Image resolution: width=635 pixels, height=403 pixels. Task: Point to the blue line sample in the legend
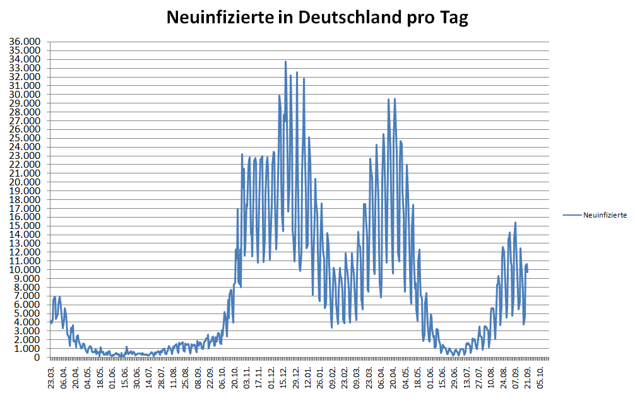572,215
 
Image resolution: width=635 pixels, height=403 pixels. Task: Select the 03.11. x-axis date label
247,377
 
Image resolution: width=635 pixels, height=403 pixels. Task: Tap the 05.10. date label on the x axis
540,377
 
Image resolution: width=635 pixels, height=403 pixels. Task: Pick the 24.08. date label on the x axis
504,377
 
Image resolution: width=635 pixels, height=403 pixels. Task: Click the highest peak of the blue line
285,62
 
